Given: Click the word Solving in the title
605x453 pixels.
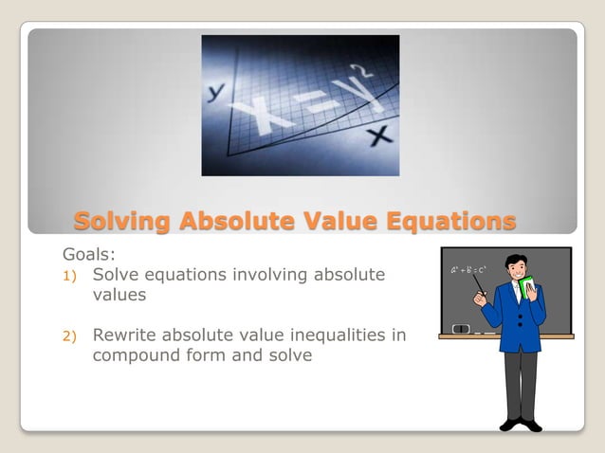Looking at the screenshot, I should pos(121,222).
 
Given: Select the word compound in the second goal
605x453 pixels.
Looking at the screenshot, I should pos(134,356).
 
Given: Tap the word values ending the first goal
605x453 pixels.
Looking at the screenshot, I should pos(119,296).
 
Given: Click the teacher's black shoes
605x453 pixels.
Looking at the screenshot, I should pos(521,425).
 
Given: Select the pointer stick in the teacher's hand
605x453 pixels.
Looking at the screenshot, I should pos(478,286).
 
